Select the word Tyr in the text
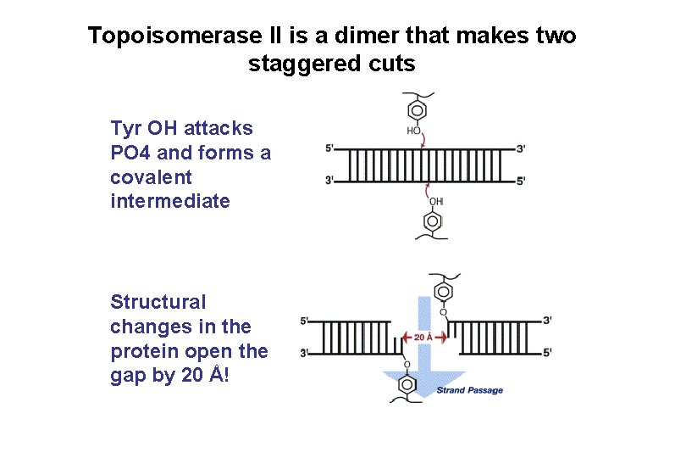click(x=125, y=129)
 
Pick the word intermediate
click(x=169, y=201)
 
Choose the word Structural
click(x=158, y=302)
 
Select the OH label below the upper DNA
click(x=435, y=202)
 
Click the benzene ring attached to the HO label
click(x=415, y=110)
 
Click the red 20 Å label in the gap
click(x=423, y=338)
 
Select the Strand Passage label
click(x=469, y=391)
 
